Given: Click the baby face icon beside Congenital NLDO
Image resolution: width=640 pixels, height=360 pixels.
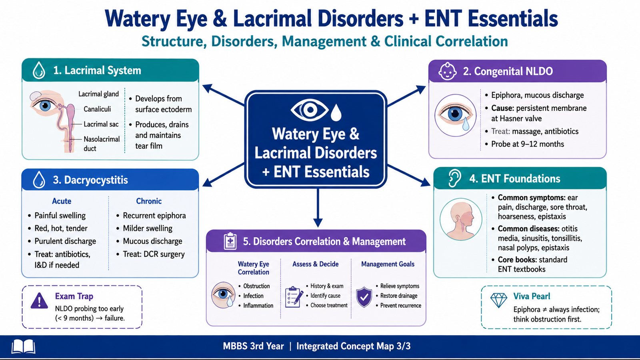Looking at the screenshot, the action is coord(448,71).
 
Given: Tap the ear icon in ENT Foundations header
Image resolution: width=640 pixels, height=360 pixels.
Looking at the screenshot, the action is coord(454,178).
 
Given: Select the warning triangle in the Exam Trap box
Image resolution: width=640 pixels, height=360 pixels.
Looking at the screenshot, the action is coord(39,301).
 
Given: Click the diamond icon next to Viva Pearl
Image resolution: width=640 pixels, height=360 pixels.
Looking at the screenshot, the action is coord(498,300).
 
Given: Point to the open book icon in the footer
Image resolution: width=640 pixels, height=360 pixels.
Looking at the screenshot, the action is coord(24,346).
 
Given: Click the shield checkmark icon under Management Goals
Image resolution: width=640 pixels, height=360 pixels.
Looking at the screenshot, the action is coord(364,297).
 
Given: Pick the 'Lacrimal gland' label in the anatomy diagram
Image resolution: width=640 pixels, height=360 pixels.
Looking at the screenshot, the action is coord(98,94).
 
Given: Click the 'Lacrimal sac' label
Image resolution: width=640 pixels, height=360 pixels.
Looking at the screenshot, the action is coord(101,124).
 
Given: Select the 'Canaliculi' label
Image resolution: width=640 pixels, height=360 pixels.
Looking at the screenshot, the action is coord(97,109).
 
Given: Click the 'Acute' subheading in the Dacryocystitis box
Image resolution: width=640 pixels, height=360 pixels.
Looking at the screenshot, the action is coord(62,201).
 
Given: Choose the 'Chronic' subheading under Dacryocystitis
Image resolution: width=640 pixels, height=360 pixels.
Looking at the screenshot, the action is coord(149,201).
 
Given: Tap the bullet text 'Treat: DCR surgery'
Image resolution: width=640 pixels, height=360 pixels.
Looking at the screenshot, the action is coord(154,254).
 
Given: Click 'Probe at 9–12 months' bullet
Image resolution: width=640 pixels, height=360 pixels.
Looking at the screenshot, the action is coord(528,144).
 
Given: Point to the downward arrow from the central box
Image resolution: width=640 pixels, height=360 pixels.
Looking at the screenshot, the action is coord(318,208).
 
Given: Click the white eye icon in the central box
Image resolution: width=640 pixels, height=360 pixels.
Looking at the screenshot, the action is coord(310,110).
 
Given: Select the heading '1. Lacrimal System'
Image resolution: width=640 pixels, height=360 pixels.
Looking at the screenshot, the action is coord(97,70).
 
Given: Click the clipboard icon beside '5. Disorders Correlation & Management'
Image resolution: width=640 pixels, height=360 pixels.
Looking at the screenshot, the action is coord(230,242).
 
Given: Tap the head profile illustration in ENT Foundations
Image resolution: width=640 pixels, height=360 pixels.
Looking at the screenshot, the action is coord(461,220).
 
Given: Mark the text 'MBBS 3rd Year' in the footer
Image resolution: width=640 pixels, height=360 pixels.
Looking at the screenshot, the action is coord(254,346).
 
